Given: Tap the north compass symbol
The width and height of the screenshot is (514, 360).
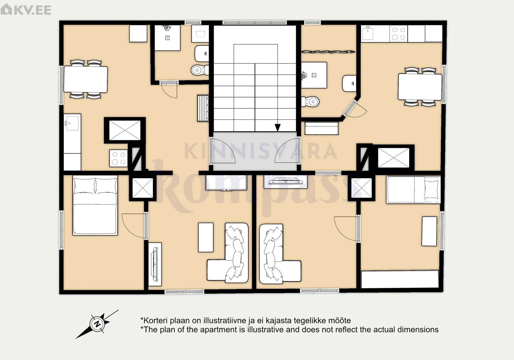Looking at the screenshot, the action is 97,324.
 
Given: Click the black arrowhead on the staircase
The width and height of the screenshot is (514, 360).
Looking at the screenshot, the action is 278,128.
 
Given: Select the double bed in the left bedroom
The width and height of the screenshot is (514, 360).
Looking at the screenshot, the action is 95,206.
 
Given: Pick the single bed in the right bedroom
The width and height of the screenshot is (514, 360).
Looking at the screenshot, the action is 413,190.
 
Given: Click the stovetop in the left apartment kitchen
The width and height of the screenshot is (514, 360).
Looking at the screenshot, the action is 119,158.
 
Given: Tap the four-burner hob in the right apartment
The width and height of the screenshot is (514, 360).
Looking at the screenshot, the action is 398,34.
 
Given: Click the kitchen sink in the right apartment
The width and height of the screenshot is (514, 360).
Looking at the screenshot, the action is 368,33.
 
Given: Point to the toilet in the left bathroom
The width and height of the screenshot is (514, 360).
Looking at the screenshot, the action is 200,70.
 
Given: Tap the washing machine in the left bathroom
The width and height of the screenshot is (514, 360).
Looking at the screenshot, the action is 200,34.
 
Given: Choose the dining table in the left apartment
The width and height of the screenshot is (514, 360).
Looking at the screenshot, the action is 85,79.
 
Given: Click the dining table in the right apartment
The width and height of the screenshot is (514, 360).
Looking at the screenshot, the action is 420,87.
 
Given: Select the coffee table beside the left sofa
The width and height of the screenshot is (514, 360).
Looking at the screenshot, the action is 206,237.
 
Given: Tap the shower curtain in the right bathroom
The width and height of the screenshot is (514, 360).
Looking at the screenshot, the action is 328,52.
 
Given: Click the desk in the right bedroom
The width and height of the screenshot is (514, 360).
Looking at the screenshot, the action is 429,231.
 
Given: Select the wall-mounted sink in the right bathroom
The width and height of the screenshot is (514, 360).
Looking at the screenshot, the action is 349,84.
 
